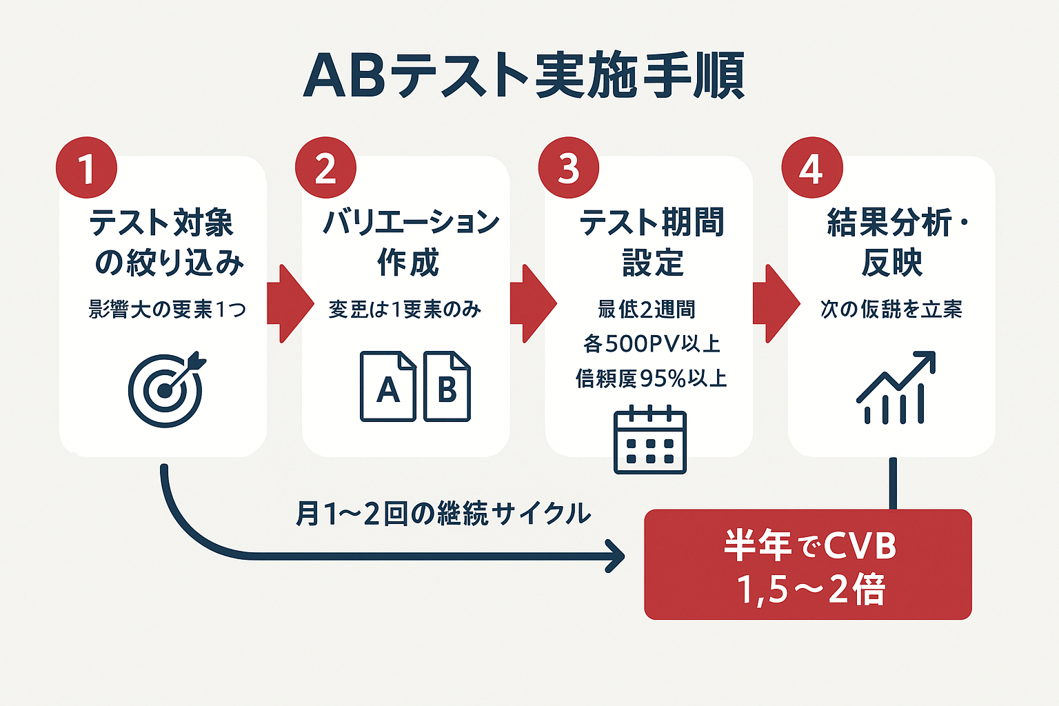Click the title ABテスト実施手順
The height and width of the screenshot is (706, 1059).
[x=524, y=76]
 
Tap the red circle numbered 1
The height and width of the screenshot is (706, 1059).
[x=86, y=168]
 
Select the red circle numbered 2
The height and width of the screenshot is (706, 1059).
[x=325, y=168]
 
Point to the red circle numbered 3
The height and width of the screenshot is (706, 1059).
[x=569, y=168]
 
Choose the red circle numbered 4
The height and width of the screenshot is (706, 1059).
[x=811, y=168]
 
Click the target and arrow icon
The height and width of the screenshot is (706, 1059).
[x=166, y=390]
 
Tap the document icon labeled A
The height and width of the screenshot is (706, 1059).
[x=387, y=387]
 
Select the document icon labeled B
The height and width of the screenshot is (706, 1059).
[x=447, y=387]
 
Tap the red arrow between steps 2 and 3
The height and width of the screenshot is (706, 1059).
[x=533, y=303]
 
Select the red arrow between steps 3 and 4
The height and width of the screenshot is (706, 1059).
[x=776, y=303]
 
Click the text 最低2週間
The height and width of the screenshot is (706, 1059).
[x=647, y=310]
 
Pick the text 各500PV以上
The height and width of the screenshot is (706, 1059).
[x=652, y=343]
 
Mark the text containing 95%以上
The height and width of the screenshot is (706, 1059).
[x=652, y=379]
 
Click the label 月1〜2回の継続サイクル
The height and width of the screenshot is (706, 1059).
[x=443, y=514]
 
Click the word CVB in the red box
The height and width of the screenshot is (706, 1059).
[x=860, y=547]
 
